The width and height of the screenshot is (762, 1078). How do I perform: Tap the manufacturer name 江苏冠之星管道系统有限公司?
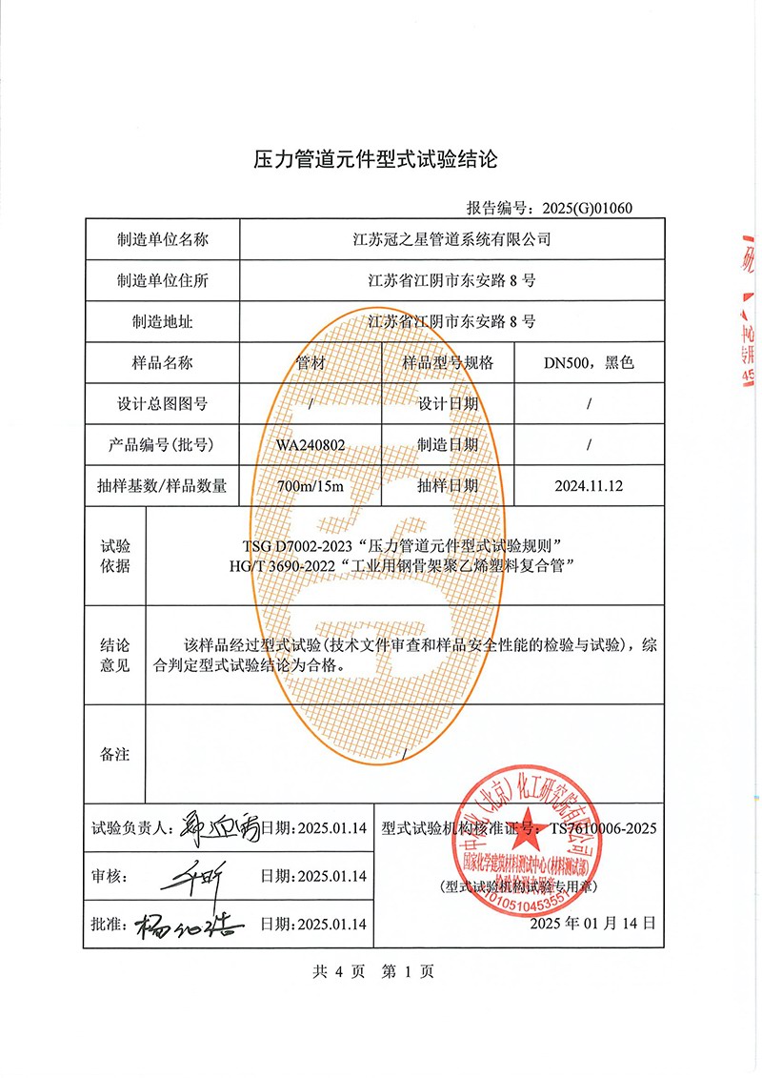(451, 239)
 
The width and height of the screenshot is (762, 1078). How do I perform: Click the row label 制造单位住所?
(162, 281)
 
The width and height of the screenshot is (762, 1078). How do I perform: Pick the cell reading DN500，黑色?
(589, 363)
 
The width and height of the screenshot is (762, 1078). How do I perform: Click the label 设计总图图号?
(162, 404)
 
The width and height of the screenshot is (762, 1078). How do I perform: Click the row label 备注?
(114, 755)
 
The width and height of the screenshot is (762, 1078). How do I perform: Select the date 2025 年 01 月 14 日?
(592, 924)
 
